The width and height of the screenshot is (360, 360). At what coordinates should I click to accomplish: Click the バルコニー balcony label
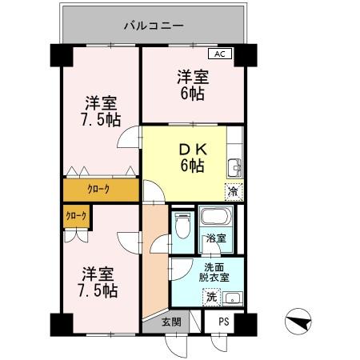point(154,26)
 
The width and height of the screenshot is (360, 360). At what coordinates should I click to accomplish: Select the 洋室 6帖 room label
point(191,85)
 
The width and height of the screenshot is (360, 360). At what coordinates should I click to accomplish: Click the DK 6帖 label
point(190,157)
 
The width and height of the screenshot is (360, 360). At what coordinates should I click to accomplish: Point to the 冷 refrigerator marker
point(233,191)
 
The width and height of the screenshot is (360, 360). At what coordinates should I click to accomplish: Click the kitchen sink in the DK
point(234,167)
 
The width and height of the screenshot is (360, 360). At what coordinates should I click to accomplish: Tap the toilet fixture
point(182,226)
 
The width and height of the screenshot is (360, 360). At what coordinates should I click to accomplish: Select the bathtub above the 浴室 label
point(214,217)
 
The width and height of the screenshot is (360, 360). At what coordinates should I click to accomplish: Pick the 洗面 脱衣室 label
point(214,273)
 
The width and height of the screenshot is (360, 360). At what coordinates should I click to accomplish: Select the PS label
point(223,322)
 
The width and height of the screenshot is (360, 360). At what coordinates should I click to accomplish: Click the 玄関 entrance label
point(170,322)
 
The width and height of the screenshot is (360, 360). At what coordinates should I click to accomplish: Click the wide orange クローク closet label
point(98,189)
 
